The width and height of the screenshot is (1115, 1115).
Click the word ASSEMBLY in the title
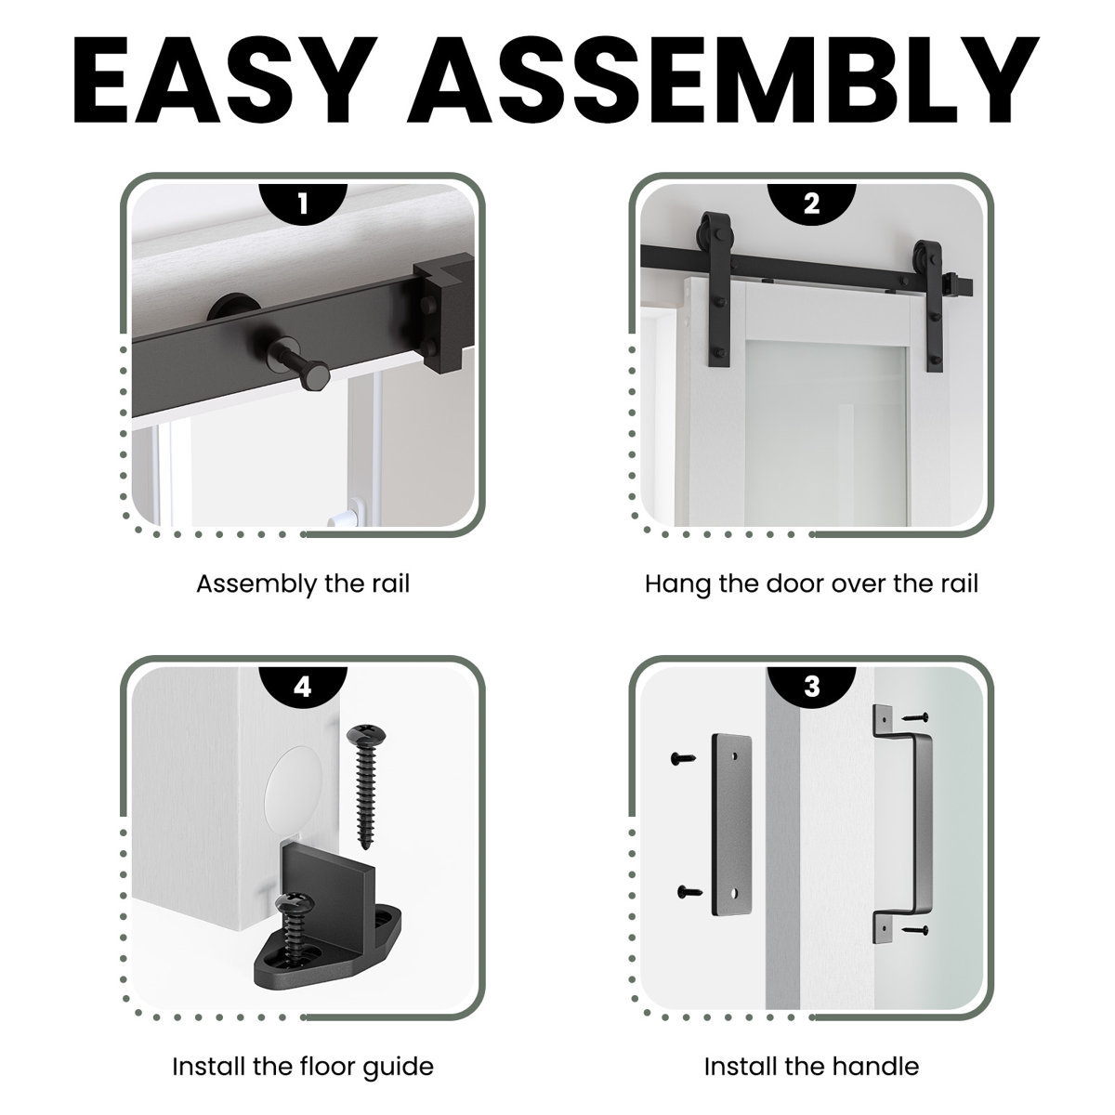[723, 80]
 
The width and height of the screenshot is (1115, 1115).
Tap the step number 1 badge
[303, 203]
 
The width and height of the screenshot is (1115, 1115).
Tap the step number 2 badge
[811, 203]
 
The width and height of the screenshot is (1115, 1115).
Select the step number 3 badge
[811, 687]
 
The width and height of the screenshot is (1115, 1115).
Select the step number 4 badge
[303, 687]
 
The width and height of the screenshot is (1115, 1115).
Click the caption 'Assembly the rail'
[303, 584]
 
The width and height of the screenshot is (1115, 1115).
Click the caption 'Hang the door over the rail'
[811, 584]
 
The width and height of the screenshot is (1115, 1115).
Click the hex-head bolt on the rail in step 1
[296, 363]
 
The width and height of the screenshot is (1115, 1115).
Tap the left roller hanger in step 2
[715, 289]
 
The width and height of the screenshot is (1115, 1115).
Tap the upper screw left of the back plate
[683, 758]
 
